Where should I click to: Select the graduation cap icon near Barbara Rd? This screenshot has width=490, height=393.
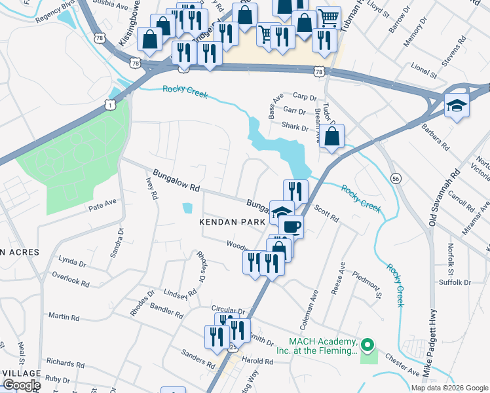(x=456, y=105)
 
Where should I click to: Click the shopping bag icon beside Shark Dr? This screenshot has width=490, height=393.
(x=333, y=137)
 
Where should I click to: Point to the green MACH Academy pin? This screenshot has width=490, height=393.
(x=367, y=344)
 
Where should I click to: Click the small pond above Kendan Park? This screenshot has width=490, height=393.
(x=188, y=208)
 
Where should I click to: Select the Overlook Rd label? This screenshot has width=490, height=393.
(x=71, y=279)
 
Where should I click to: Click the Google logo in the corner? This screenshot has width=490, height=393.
(x=21, y=385)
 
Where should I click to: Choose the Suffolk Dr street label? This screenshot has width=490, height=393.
(x=455, y=283)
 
